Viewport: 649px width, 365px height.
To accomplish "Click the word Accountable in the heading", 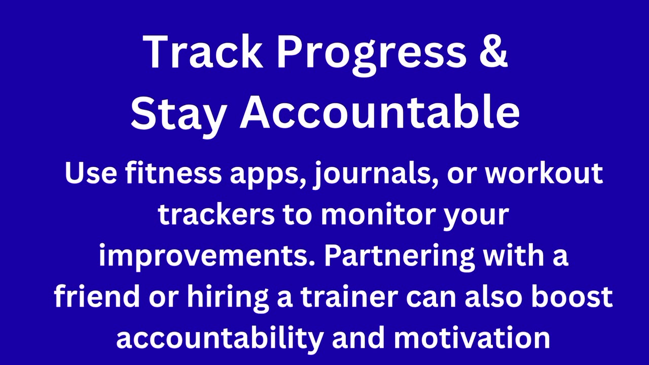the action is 380,111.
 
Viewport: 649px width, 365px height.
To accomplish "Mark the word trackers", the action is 217,214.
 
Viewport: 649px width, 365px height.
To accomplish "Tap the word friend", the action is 97,297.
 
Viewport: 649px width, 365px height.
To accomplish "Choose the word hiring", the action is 228,299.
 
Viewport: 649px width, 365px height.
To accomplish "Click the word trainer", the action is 349,297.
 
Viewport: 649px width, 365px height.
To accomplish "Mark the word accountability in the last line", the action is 220,340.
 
